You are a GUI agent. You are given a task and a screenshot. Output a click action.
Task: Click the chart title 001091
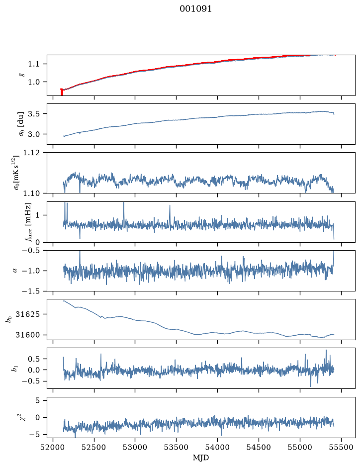click(195, 9)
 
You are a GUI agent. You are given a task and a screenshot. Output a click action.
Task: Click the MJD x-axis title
click(201, 457)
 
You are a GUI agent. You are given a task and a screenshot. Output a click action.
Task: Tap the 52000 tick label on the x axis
click(53, 447)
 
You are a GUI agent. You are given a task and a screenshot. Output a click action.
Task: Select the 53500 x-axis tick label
click(177, 447)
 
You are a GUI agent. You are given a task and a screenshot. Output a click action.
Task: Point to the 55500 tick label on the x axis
click(341, 447)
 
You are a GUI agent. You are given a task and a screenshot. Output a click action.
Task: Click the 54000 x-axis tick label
click(217, 447)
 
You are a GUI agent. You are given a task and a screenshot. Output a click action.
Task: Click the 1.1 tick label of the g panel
click(34, 64)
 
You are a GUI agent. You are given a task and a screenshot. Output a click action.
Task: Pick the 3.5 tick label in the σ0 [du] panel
click(34, 114)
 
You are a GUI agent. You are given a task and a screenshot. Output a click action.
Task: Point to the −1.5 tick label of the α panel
click(31, 291)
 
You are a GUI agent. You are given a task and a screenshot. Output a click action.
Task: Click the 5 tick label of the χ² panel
click(37, 400)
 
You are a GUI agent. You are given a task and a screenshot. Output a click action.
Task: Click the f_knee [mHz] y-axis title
click(28, 222)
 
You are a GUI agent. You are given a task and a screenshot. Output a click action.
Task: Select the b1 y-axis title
click(14, 369)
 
